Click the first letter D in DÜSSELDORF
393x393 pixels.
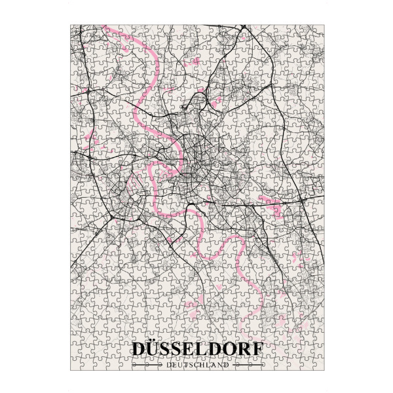click(140, 350)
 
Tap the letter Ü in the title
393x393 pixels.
click(155, 350)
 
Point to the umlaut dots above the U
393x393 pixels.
click(155, 341)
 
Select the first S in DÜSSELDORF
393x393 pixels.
click(169, 350)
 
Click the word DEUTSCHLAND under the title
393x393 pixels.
click(198, 365)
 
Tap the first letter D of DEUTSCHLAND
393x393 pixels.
click(169, 365)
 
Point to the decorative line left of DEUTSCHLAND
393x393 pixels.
click(147, 365)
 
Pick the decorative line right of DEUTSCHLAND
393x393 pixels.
click(248, 365)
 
